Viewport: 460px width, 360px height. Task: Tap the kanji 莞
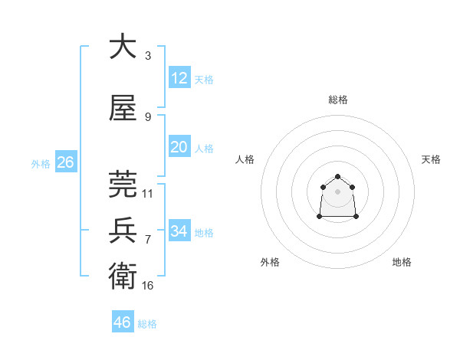(x=123, y=185)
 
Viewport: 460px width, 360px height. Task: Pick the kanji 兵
(x=123, y=231)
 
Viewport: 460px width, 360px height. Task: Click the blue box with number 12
(x=179, y=77)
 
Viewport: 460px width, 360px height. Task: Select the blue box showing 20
(x=179, y=147)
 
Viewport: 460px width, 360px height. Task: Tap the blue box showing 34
(x=179, y=231)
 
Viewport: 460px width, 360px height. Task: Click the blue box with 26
(x=65, y=162)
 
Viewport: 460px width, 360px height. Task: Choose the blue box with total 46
(x=122, y=322)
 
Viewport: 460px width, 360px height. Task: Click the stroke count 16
(x=148, y=286)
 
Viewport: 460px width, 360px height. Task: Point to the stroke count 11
(x=148, y=194)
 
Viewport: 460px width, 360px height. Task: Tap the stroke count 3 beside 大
(x=148, y=55)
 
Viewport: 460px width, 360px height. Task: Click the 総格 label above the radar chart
(x=337, y=100)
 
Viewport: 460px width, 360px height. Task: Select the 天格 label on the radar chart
(x=431, y=159)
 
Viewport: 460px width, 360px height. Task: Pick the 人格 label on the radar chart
(x=245, y=159)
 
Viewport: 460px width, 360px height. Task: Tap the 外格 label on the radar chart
(x=270, y=262)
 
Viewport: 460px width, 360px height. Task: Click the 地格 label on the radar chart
(x=402, y=262)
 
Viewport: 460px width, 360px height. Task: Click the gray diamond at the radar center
(x=337, y=191)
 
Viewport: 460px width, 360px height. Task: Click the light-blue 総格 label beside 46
(x=148, y=324)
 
